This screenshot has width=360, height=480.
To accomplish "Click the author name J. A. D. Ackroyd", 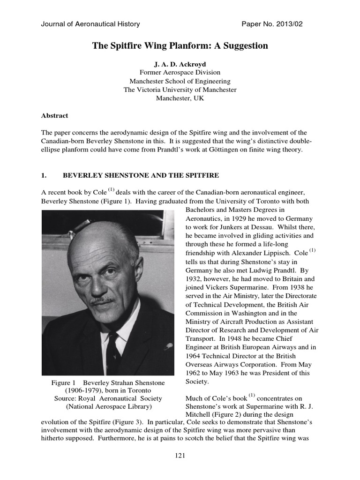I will (x=180, y=64).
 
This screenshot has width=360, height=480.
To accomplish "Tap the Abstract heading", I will (x=55, y=115).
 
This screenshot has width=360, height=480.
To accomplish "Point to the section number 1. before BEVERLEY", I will (x=44, y=175).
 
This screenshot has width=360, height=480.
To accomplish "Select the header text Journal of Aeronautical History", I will (x=90, y=24).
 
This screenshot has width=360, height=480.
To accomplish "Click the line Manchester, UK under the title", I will (x=180, y=98).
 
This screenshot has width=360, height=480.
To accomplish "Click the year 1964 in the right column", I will (x=195, y=356).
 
